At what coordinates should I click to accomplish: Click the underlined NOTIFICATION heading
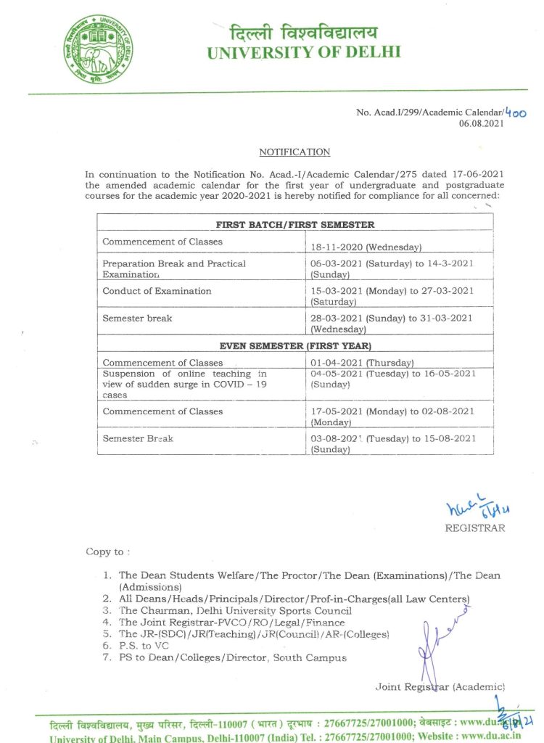coord(294,152)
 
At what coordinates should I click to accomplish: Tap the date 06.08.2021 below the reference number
coord(485,124)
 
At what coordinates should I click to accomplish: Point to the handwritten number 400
coord(514,112)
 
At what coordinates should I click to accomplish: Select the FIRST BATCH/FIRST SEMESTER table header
coord(294,225)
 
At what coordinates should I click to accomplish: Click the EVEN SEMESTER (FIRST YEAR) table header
coord(294,345)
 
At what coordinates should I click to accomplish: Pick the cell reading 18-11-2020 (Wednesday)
coord(366,247)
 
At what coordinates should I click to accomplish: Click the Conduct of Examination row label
coord(157,291)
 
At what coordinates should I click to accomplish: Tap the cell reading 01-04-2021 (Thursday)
coord(362,363)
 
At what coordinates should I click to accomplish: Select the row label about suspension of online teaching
coord(186,385)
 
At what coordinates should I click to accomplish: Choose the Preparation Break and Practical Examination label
coord(174,269)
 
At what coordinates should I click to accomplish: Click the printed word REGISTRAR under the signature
coord(475,528)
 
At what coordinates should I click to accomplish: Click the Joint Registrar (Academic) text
coord(440,686)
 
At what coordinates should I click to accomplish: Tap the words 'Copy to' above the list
coord(104,552)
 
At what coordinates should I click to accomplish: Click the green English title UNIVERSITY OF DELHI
coord(303,52)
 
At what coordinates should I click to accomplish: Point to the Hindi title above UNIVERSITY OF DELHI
coord(304,32)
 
